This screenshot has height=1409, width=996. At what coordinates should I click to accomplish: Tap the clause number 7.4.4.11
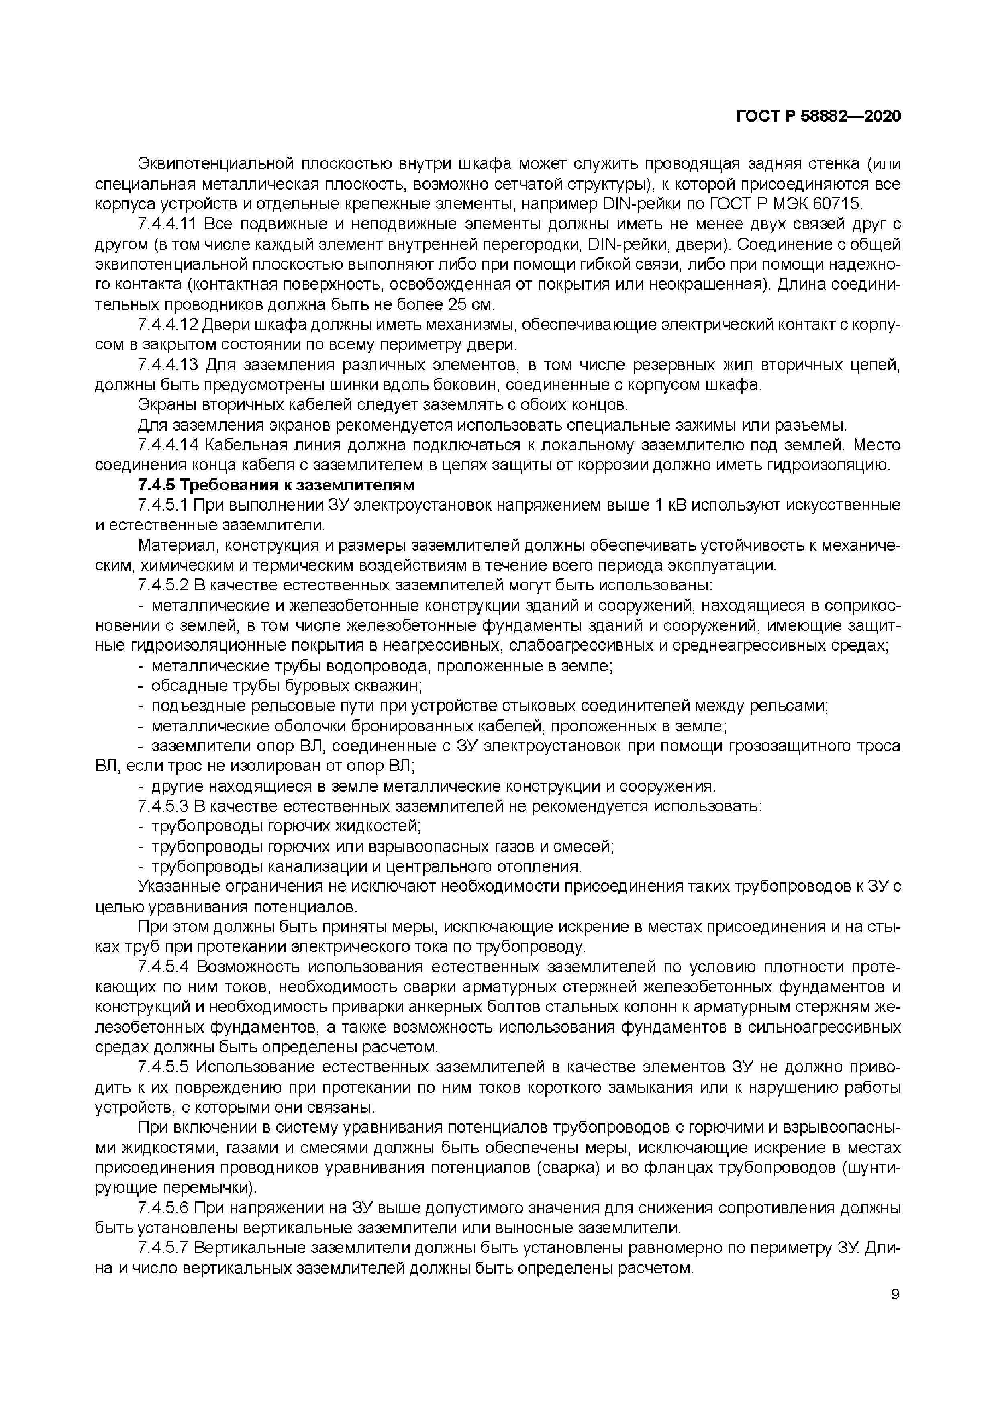pos(168,225)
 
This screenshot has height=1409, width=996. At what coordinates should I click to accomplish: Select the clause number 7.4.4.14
pos(168,445)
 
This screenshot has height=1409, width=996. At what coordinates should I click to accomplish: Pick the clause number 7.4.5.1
pos(164,505)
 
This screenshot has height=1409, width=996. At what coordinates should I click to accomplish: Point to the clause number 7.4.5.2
pos(164,586)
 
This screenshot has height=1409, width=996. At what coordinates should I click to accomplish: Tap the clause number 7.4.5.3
pos(164,806)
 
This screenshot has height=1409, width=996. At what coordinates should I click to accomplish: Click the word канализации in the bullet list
pos(314,866)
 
